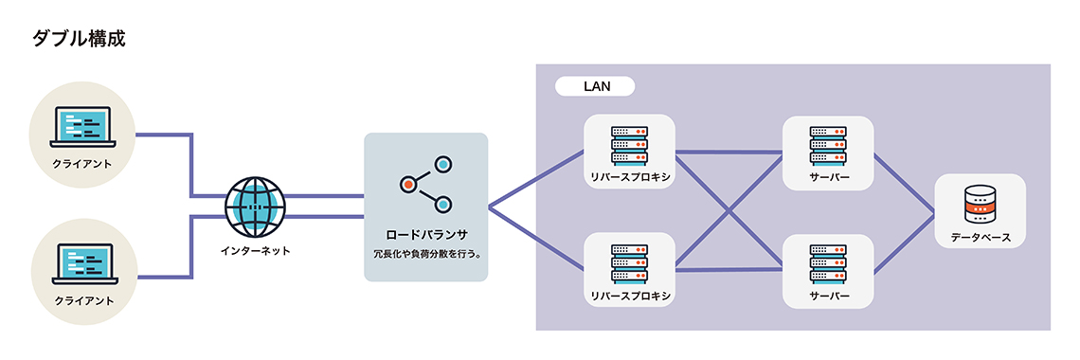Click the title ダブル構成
pyautogui.click(x=79, y=39)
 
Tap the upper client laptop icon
pyautogui.click(x=83, y=127)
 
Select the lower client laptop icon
pyautogui.click(x=83, y=264)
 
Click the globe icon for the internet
pyautogui.click(x=255, y=207)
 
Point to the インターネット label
pyautogui.click(x=255, y=251)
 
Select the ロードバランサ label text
pyautogui.click(x=426, y=233)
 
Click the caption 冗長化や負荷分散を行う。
pyautogui.click(x=426, y=254)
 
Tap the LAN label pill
pyautogui.click(x=595, y=86)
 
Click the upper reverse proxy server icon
pyautogui.click(x=629, y=143)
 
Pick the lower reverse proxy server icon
pyautogui.click(x=629, y=261)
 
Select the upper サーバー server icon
pyautogui.click(x=828, y=143)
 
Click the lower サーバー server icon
pyautogui.click(x=828, y=261)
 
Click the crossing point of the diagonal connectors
pyautogui.click(x=729, y=209)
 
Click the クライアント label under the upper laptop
pyautogui.click(x=83, y=164)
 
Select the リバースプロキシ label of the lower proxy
pyautogui.click(x=629, y=296)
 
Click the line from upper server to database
pyautogui.click(x=903, y=183)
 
